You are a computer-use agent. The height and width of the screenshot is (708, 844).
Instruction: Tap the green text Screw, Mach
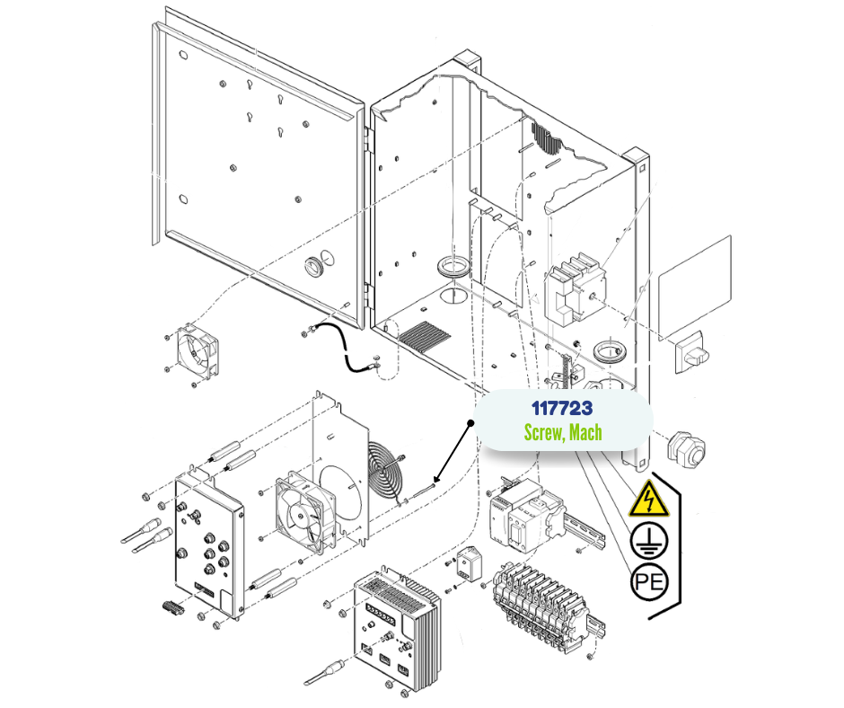pos(562,432)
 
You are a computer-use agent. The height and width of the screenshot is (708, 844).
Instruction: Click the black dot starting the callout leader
pos(471,421)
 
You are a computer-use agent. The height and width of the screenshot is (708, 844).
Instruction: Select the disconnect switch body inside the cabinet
pos(572,289)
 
